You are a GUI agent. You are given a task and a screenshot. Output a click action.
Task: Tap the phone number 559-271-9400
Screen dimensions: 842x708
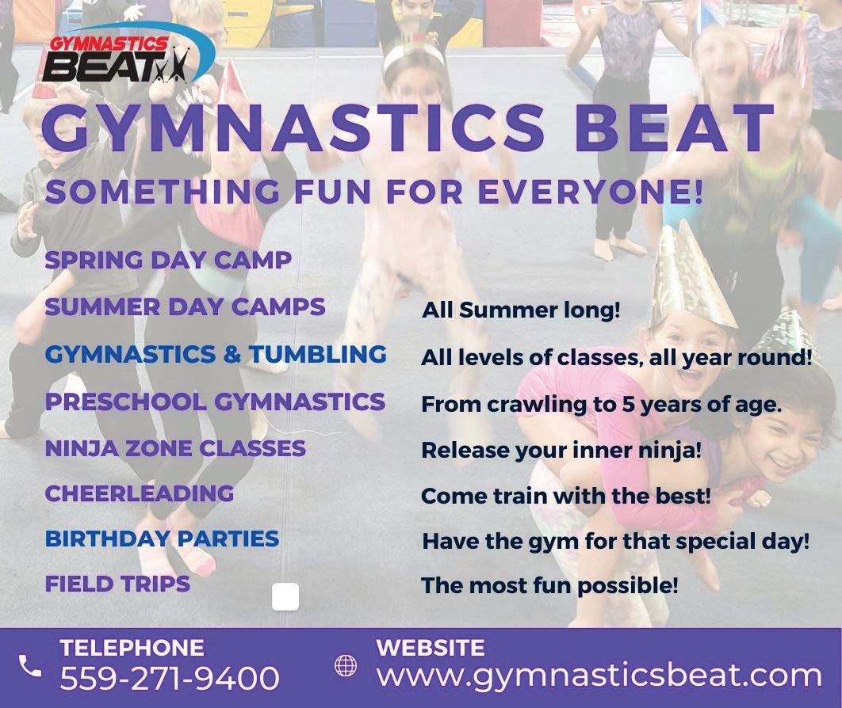(x=169, y=678)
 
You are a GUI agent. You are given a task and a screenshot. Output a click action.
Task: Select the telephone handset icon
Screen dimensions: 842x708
(x=30, y=665)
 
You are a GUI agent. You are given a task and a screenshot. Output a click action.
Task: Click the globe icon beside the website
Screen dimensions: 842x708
(x=346, y=665)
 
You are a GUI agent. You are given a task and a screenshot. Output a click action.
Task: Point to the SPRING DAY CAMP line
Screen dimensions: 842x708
(x=168, y=260)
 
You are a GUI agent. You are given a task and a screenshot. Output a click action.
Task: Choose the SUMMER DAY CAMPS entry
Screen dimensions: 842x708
(x=185, y=306)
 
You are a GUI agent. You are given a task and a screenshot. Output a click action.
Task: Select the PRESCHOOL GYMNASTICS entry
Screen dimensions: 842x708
(x=215, y=402)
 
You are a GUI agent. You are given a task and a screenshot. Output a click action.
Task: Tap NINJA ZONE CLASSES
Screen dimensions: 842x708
(x=175, y=448)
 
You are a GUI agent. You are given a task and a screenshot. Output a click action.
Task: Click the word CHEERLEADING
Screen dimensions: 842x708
(x=139, y=493)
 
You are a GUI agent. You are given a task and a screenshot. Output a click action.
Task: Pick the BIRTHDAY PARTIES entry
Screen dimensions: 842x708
(x=162, y=539)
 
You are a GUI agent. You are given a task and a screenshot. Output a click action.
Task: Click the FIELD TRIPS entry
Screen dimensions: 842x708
(x=117, y=584)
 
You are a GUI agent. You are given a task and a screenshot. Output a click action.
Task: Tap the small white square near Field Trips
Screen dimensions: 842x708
(x=285, y=597)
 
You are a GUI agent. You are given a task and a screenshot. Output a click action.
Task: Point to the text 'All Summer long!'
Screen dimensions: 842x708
(x=521, y=310)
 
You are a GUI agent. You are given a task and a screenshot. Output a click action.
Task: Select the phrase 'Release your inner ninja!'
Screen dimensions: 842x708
(x=561, y=451)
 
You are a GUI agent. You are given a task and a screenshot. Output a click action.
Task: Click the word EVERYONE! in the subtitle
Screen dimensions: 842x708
(x=590, y=192)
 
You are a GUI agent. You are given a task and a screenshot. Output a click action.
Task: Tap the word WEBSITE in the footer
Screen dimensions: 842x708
(x=431, y=648)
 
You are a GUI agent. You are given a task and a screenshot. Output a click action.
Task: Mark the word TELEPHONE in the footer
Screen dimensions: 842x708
(x=132, y=648)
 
